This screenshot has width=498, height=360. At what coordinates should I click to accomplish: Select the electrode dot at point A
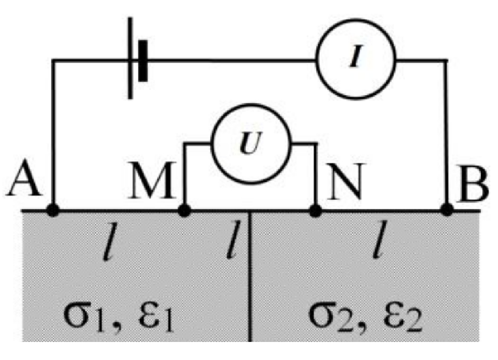point(53,210)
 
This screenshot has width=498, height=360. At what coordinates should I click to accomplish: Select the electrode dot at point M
point(184,210)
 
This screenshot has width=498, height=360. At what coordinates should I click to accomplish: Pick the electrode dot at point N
point(316,210)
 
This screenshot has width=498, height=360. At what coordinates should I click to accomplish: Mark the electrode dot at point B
point(447,210)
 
